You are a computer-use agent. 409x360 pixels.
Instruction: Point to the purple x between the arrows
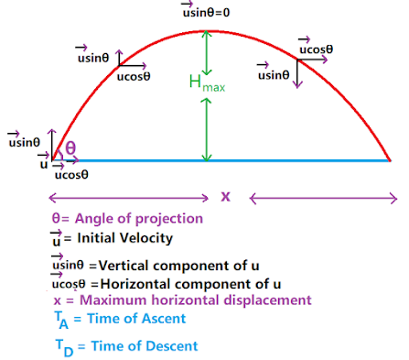click(226, 196)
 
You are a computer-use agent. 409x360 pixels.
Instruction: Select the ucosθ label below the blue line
click(72, 173)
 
